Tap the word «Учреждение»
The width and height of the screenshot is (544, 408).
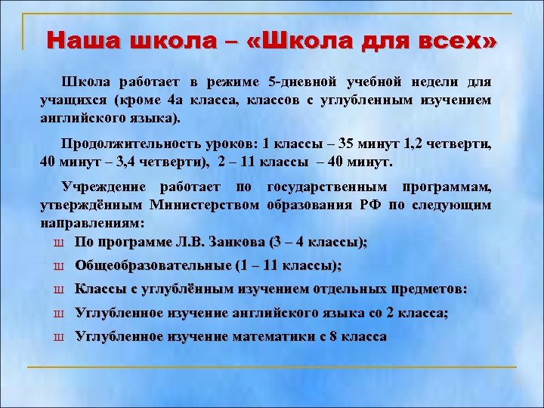(102, 187)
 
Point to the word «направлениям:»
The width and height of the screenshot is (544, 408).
(91, 224)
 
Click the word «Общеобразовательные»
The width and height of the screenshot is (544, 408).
(153, 266)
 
